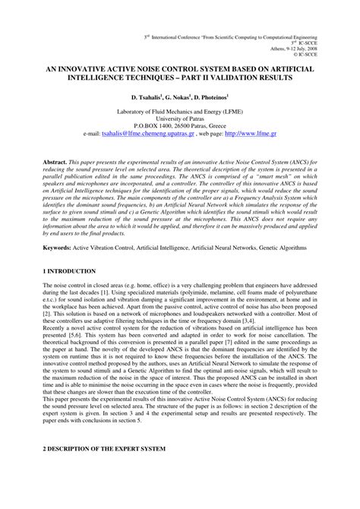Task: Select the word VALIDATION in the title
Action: [239, 77]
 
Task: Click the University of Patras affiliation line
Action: [179, 118]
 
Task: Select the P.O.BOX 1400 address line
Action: [179, 125]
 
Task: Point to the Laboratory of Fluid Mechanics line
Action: [179, 111]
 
